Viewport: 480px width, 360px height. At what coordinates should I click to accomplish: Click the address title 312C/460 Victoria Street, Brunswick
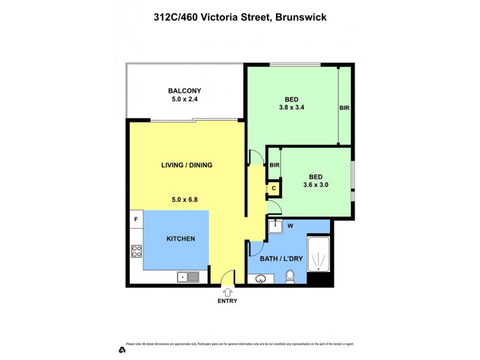pyautogui.click(x=240, y=17)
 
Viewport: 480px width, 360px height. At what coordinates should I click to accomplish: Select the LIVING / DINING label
pyautogui.click(x=187, y=166)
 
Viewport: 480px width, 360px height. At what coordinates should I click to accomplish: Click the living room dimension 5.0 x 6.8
pyautogui.click(x=187, y=194)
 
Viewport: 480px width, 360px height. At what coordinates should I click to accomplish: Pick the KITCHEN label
pyautogui.click(x=181, y=239)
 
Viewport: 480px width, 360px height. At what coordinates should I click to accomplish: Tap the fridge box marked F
pyautogui.click(x=136, y=219)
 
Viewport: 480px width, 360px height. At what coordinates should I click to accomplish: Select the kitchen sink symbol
pyautogui.click(x=188, y=277)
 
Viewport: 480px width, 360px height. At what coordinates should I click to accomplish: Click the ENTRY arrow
pyautogui.click(x=227, y=292)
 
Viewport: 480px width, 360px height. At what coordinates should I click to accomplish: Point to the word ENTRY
pyautogui.click(x=227, y=301)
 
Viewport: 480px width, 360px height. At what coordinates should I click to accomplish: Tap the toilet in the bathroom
pyautogui.click(x=290, y=277)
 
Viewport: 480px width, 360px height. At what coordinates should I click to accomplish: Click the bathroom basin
pyautogui.click(x=260, y=279)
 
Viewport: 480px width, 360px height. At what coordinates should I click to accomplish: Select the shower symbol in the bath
pyautogui.click(x=318, y=257)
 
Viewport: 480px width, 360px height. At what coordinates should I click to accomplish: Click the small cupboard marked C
pyautogui.click(x=274, y=188)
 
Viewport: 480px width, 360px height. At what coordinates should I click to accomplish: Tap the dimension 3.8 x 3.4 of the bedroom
pyautogui.click(x=292, y=109)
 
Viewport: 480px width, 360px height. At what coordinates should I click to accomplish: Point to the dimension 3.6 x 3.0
pyautogui.click(x=316, y=185)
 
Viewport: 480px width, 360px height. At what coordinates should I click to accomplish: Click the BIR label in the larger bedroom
pyautogui.click(x=344, y=108)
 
